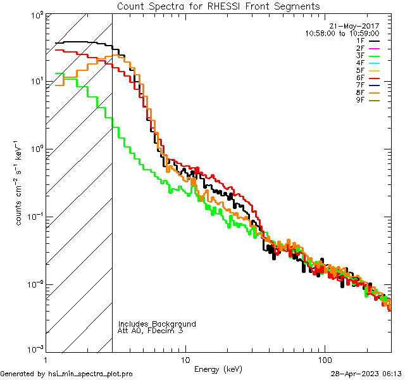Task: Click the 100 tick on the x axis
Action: pos(325,359)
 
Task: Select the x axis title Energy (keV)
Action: pos(218,369)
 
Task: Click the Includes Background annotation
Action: pos(157,324)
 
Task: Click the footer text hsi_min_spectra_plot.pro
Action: pos(90,374)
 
